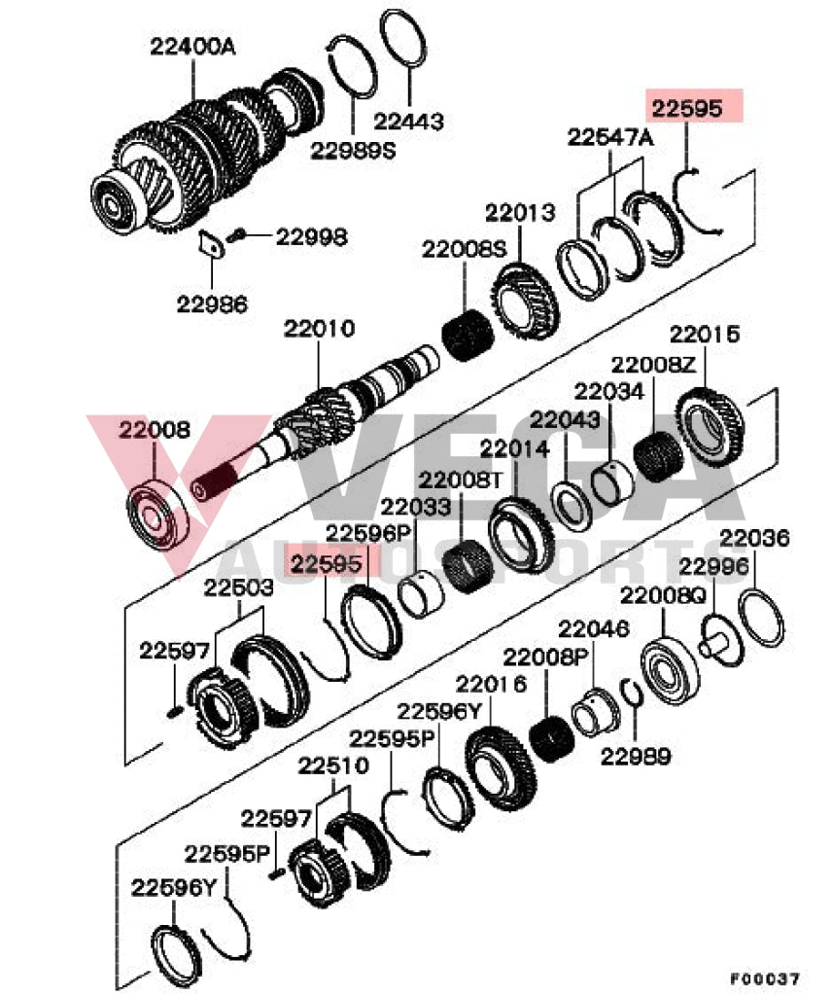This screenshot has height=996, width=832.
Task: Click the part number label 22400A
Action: tap(191, 45)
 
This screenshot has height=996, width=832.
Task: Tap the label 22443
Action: tap(408, 122)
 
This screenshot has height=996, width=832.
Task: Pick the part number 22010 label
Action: tap(319, 329)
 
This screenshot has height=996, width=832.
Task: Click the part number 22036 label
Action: tap(754, 538)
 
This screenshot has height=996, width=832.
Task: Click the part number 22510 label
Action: tap(333, 765)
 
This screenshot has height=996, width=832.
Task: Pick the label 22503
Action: tap(238, 587)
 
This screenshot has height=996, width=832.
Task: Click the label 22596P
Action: tap(368, 532)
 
